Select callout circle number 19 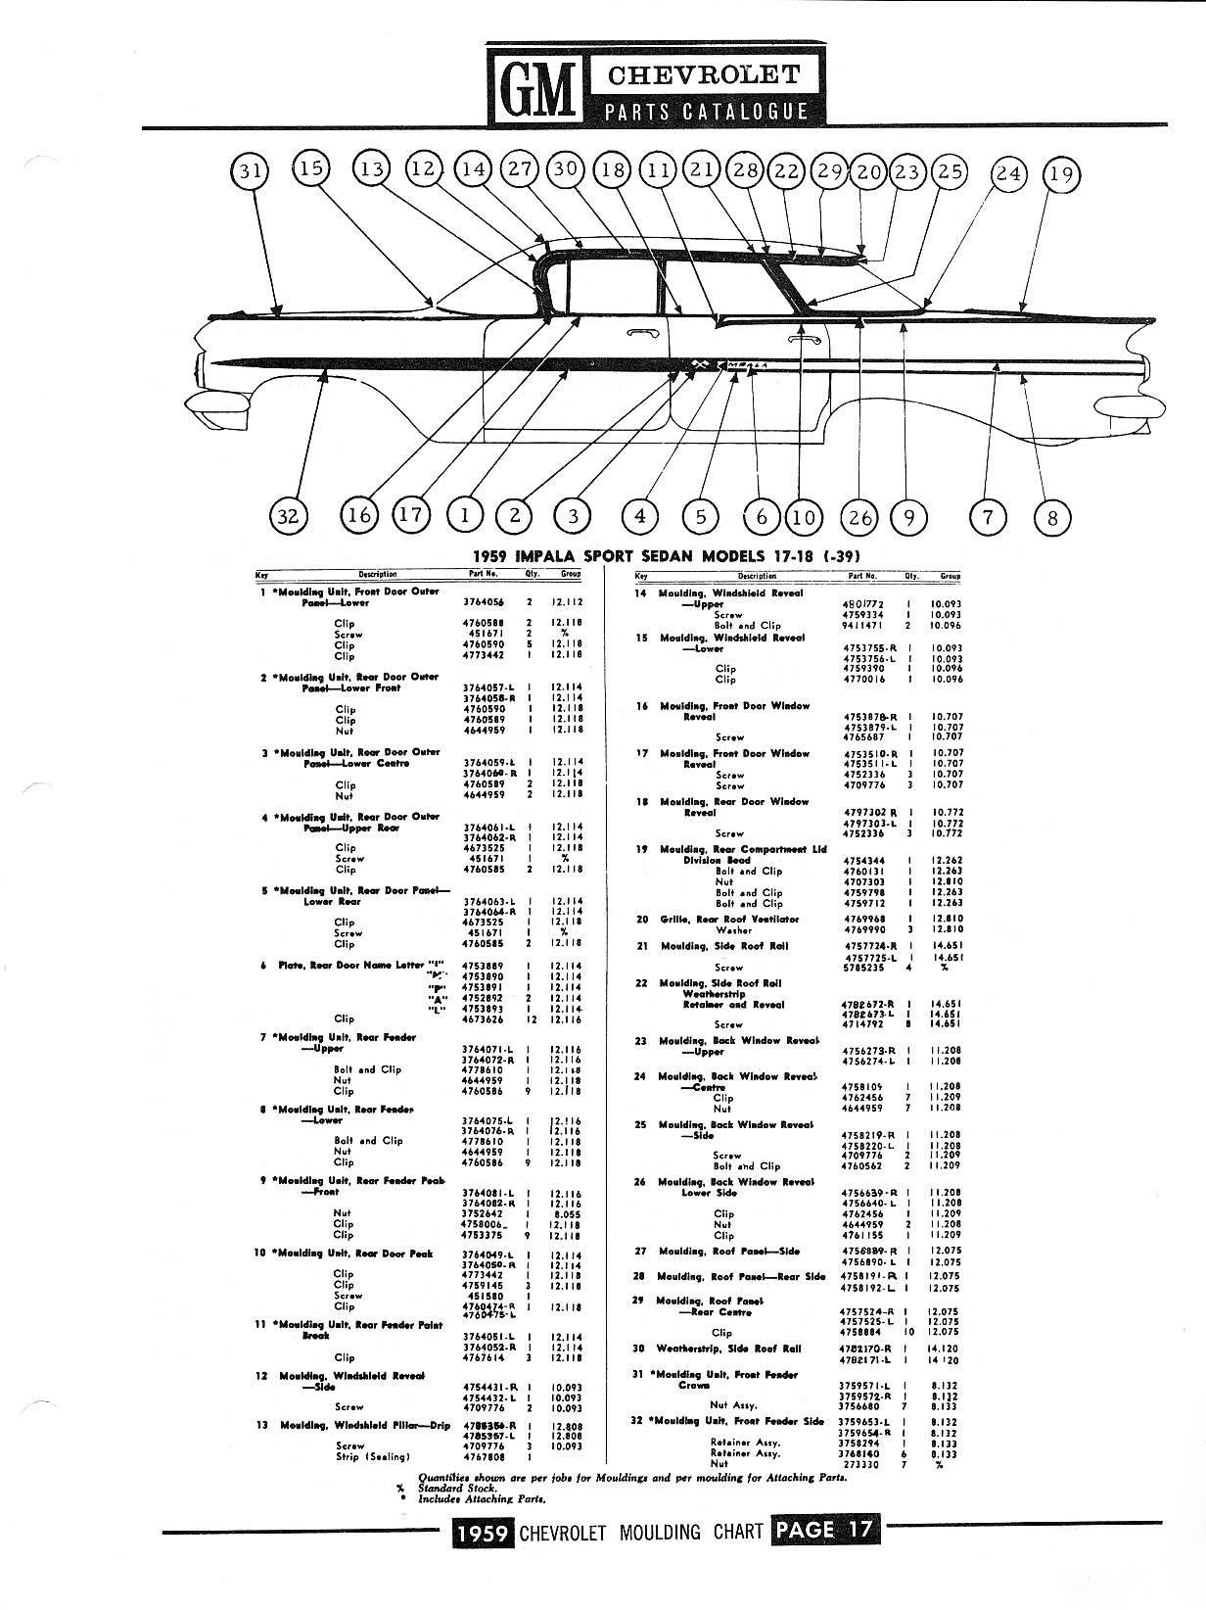pyautogui.click(x=1060, y=174)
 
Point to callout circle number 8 pyautogui.click(x=1052, y=516)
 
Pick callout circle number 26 pyautogui.click(x=859, y=516)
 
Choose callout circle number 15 pyautogui.click(x=310, y=168)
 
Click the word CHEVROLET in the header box pyautogui.click(x=705, y=74)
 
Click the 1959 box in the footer pyautogui.click(x=483, y=1531)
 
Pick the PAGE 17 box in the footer pyautogui.click(x=826, y=1530)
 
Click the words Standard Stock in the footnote pyautogui.click(x=456, y=1488)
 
